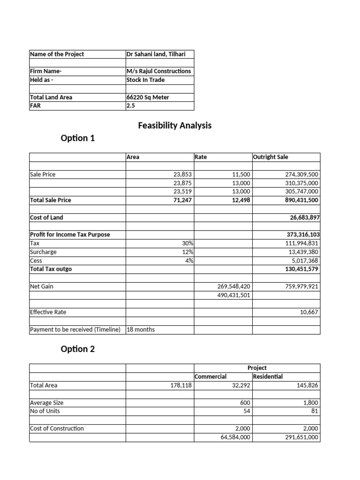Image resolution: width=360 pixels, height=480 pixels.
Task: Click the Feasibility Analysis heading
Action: point(174,125)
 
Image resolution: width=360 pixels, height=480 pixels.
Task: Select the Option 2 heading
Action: point(78,349)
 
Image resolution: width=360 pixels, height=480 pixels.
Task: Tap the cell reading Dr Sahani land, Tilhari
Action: point(156,54)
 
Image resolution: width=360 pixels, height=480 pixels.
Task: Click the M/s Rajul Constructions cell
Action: point(159,71)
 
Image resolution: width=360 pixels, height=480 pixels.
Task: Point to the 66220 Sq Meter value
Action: point(148,97)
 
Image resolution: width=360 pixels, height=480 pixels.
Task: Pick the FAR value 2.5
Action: point(130,106)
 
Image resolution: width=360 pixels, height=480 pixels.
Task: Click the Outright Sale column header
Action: point(270,157)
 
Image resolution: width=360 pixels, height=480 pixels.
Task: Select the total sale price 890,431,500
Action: point(298,200)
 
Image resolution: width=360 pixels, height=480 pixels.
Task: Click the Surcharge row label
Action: point(43,252)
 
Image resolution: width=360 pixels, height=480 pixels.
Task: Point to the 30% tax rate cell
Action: point(187,243)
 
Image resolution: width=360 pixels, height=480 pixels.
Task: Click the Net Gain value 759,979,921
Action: point(298,286)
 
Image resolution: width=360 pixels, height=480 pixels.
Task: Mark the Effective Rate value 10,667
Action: point(309,312)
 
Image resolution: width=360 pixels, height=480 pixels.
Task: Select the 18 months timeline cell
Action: point(141,330)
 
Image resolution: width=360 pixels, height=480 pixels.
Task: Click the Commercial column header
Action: point(210,376)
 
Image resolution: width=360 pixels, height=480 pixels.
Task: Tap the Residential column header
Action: point(268,376)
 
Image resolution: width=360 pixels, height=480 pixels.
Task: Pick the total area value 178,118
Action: point(181,385)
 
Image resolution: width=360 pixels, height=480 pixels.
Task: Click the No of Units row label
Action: point(45,411)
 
